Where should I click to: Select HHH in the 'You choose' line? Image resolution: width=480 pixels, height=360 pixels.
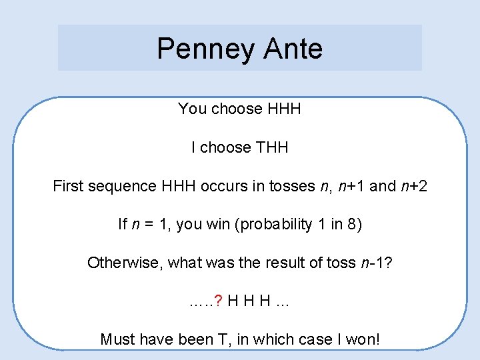[x=284, y=109]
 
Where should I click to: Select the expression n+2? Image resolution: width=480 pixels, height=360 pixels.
[x=413, y=186]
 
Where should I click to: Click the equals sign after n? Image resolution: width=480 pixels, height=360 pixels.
[x=147, y=225]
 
